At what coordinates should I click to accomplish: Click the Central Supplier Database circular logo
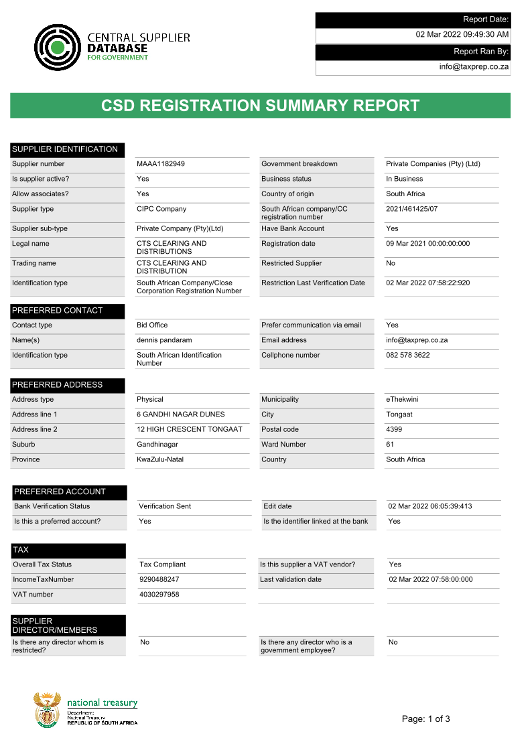pos(58,48)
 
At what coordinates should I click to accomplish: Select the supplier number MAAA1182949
pos(161,164)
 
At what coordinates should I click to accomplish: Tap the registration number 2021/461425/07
pos(411,209)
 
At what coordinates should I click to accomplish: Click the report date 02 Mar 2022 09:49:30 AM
pos(462,35)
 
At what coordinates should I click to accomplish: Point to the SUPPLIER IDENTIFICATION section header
pos(65,149)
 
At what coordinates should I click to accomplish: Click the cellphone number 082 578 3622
pos(408,356)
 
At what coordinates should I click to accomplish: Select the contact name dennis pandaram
pos(165,340)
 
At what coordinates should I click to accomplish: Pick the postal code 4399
pos(395,429)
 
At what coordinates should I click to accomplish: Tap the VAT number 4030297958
pos(159,595)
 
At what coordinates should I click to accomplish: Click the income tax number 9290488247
pos(159,580)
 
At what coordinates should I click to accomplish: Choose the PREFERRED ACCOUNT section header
pos(60,492)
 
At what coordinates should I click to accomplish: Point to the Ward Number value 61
pos(390,445)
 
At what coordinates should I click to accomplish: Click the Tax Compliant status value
pos(163,564)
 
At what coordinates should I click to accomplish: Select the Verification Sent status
pos(165,506)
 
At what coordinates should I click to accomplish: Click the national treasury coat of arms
pos(47,710)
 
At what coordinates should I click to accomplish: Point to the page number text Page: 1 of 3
pos(426,719)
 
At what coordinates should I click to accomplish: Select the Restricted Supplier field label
pos(291,263)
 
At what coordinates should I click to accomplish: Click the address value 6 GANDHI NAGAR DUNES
pos(181,414)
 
